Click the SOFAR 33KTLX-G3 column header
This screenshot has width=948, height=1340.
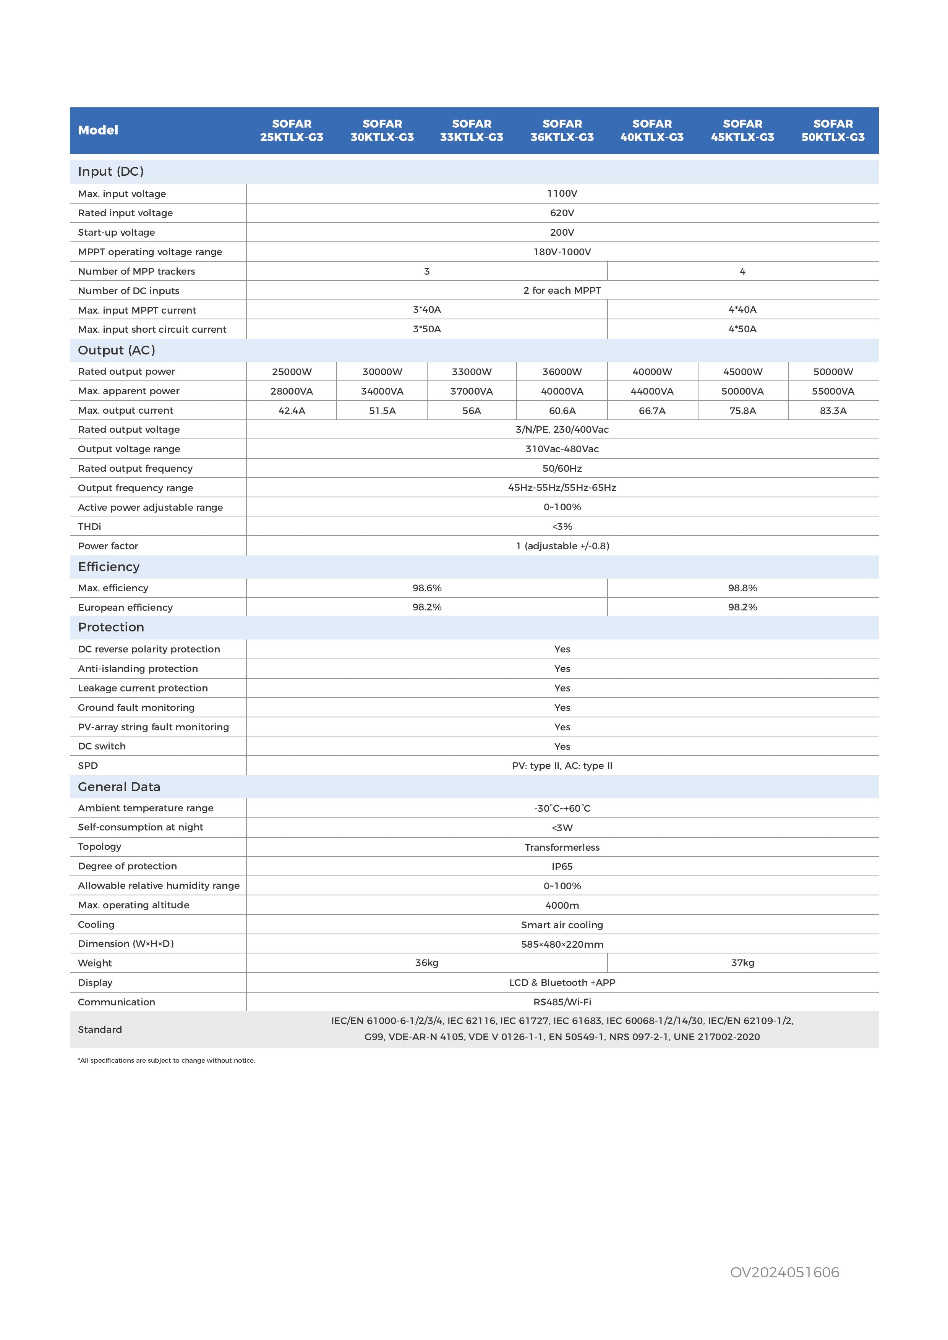(x=472, y=130)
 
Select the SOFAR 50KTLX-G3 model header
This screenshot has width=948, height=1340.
(x=833, y=130)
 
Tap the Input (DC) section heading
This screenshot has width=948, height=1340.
(x=111, y=172)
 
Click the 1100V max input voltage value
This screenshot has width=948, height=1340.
(x=562, y=194)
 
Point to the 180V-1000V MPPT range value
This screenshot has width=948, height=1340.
(x=562, y=252)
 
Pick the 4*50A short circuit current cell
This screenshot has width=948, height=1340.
(x=742, y=329)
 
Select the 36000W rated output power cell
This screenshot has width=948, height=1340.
(x=562, y=372)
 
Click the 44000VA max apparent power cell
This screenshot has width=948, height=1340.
(x=652, y=391)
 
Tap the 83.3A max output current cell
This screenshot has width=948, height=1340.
(x=833, y=411)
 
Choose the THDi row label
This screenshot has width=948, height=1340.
(x=89, y=526)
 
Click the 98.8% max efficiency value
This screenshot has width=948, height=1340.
(x=742, y=588)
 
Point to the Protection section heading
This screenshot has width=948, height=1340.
(x=111, y=627)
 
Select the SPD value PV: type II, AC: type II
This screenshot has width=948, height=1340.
(x=562, y=766)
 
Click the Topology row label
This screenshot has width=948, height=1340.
(x=100, y=847)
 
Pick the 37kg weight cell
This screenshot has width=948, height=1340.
(x=742, y=963)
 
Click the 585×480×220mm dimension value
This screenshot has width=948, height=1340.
(x=562, y=944)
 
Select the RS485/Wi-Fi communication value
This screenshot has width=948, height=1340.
(x=562, y=1002)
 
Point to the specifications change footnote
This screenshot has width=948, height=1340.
(x=166, y=1060)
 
